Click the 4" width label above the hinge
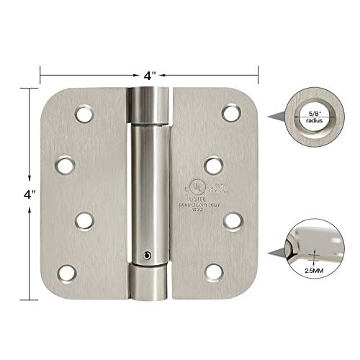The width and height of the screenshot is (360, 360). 149,73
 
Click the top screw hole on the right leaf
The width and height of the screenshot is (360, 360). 230,113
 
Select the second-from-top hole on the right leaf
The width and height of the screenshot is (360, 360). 214,164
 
